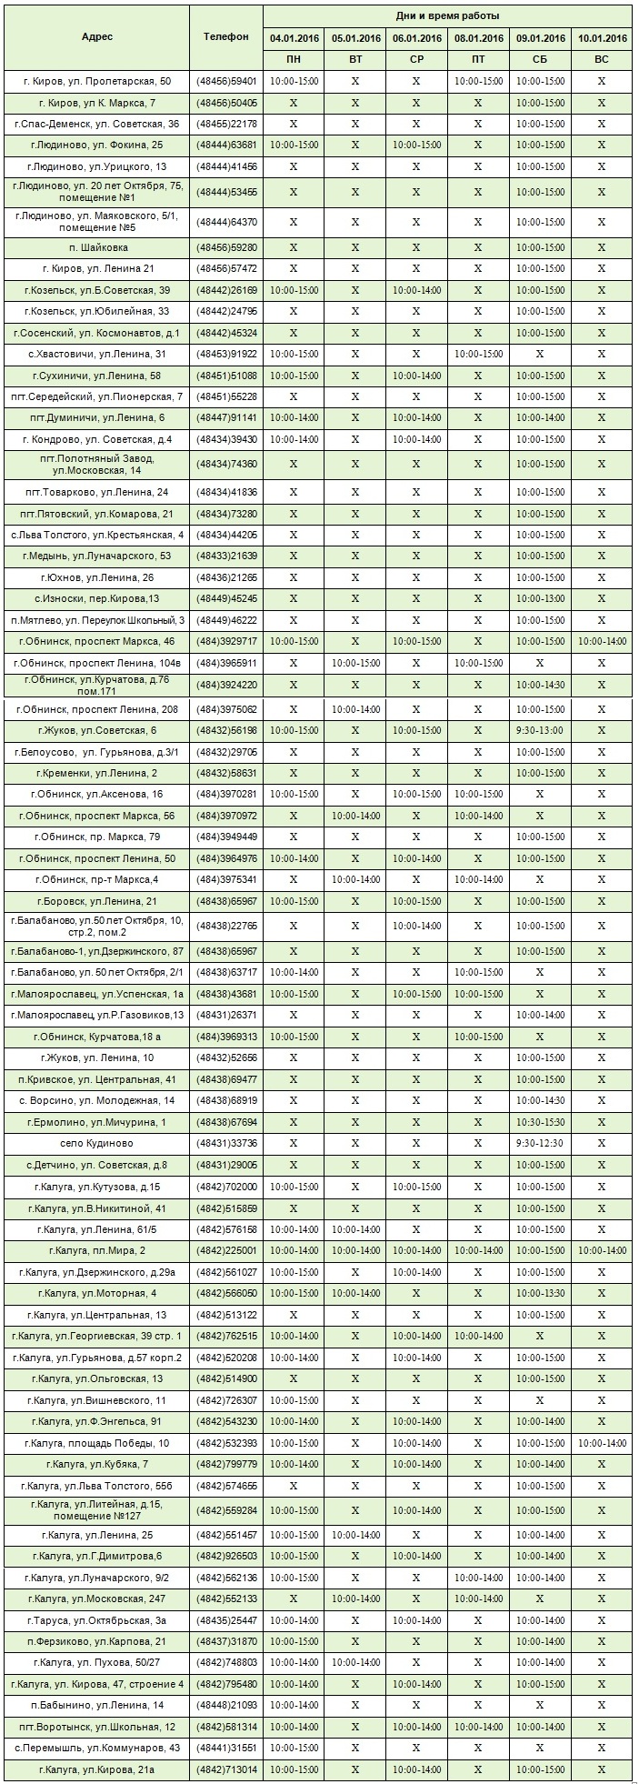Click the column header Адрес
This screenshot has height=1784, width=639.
(x=97, y=36)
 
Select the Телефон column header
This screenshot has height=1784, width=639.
(x=226, y=36)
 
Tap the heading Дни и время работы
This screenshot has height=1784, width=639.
(x=447, y=16)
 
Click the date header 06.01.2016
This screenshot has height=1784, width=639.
(x=416, y=38)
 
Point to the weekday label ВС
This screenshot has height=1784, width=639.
(x=602, y=58)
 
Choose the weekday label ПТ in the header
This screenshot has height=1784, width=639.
(x=478, y=58)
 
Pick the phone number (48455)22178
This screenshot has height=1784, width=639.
(x=226, y=125)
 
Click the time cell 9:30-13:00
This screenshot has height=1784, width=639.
(x=540, y=730)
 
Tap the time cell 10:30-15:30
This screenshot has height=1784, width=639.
(x=540, y=1122)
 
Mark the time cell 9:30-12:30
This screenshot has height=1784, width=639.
(x=540, y=1143)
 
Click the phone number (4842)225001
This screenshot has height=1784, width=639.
(x=226, y=1251)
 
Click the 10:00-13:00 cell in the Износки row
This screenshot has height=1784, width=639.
(x=540, y=598)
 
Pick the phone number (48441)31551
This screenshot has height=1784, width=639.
(x=226, y=1748)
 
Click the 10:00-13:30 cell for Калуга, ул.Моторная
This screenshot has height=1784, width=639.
(x=540, y=1293)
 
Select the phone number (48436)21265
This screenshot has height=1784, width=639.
(x=226, y=577)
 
